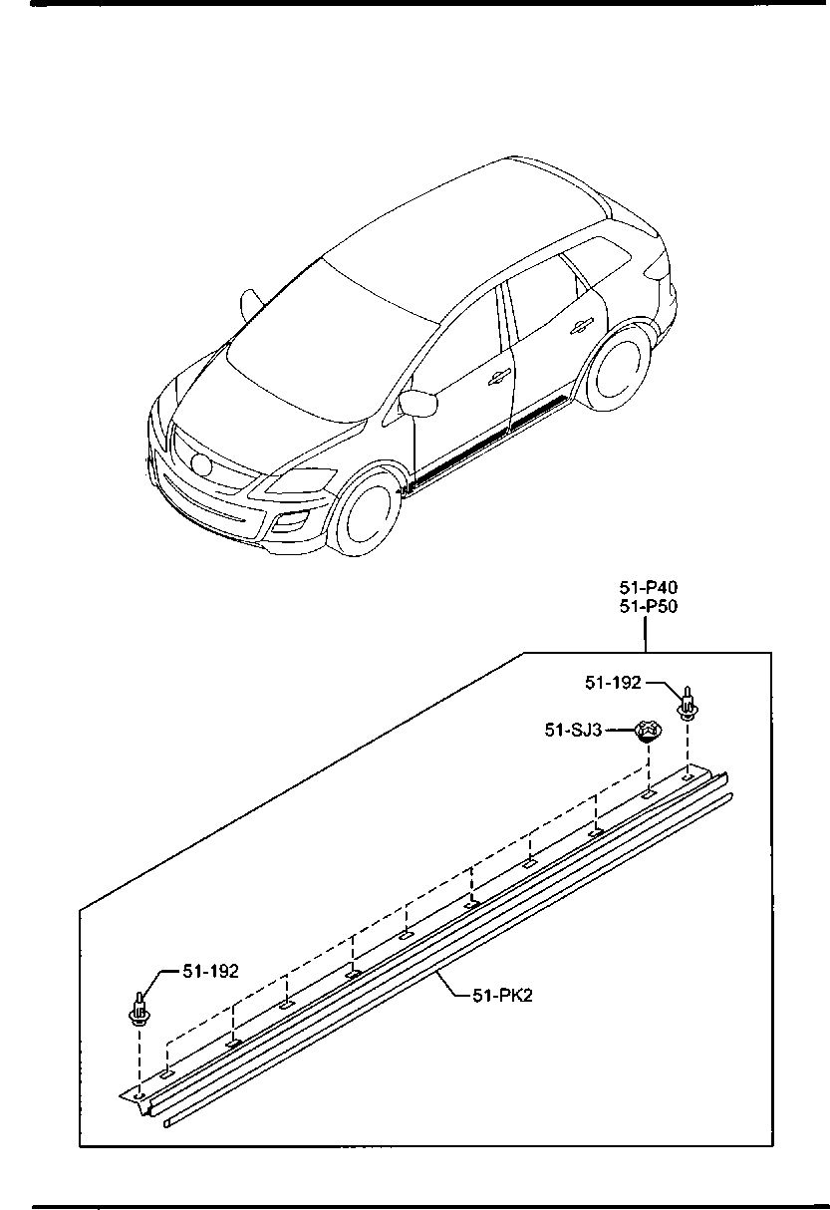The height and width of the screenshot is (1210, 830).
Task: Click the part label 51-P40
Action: (648, 587)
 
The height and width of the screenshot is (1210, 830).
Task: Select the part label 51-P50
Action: (648, 607)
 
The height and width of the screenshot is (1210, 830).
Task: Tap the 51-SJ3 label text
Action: (573, 731)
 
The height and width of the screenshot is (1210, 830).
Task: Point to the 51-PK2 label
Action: (502, 995)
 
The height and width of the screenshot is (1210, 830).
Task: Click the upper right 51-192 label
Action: (613, 683)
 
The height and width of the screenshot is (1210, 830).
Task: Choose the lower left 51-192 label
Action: (210, 971)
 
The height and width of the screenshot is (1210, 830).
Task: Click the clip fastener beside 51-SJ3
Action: (648, 731)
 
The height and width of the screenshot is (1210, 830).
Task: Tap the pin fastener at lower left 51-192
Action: (139, 1011)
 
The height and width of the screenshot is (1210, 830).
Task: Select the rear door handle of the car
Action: (581, 325)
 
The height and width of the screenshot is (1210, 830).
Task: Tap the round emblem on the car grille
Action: (200, 464)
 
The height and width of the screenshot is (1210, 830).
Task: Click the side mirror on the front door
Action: (418, 403)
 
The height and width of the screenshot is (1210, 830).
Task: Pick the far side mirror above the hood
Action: (252, 304)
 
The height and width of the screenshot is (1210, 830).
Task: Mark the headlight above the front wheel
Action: (301, 480)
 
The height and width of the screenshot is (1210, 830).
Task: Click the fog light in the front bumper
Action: (292, 521)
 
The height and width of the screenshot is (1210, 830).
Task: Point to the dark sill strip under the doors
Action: (488, 440)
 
